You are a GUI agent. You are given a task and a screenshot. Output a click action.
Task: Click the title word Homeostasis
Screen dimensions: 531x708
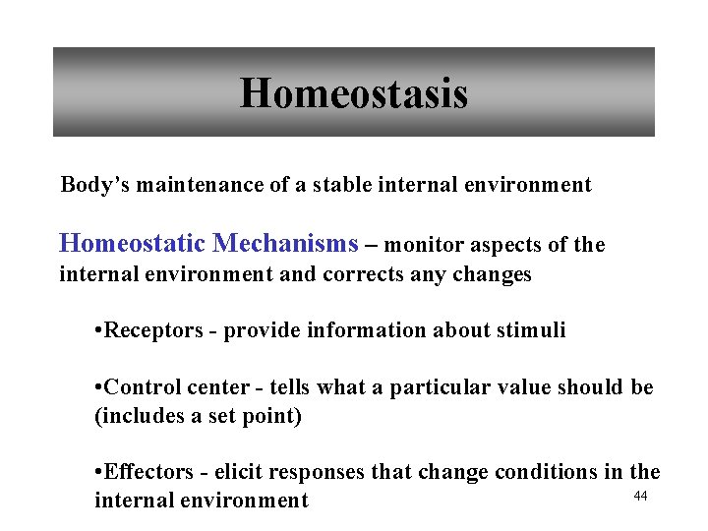click(x=354, y=94)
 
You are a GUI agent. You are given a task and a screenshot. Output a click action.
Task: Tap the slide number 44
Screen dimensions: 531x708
click(x=640, y=496)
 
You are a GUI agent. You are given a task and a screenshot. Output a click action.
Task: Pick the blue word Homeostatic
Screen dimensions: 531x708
click(x=133, y=242)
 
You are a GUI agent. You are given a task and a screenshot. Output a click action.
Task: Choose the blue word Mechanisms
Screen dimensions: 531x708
click(x=286, y=242)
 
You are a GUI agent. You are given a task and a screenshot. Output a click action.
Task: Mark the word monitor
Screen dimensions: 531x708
click(x=425, y=244)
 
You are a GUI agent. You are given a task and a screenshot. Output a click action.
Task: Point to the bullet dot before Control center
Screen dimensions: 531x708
click(x=98, y=387)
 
